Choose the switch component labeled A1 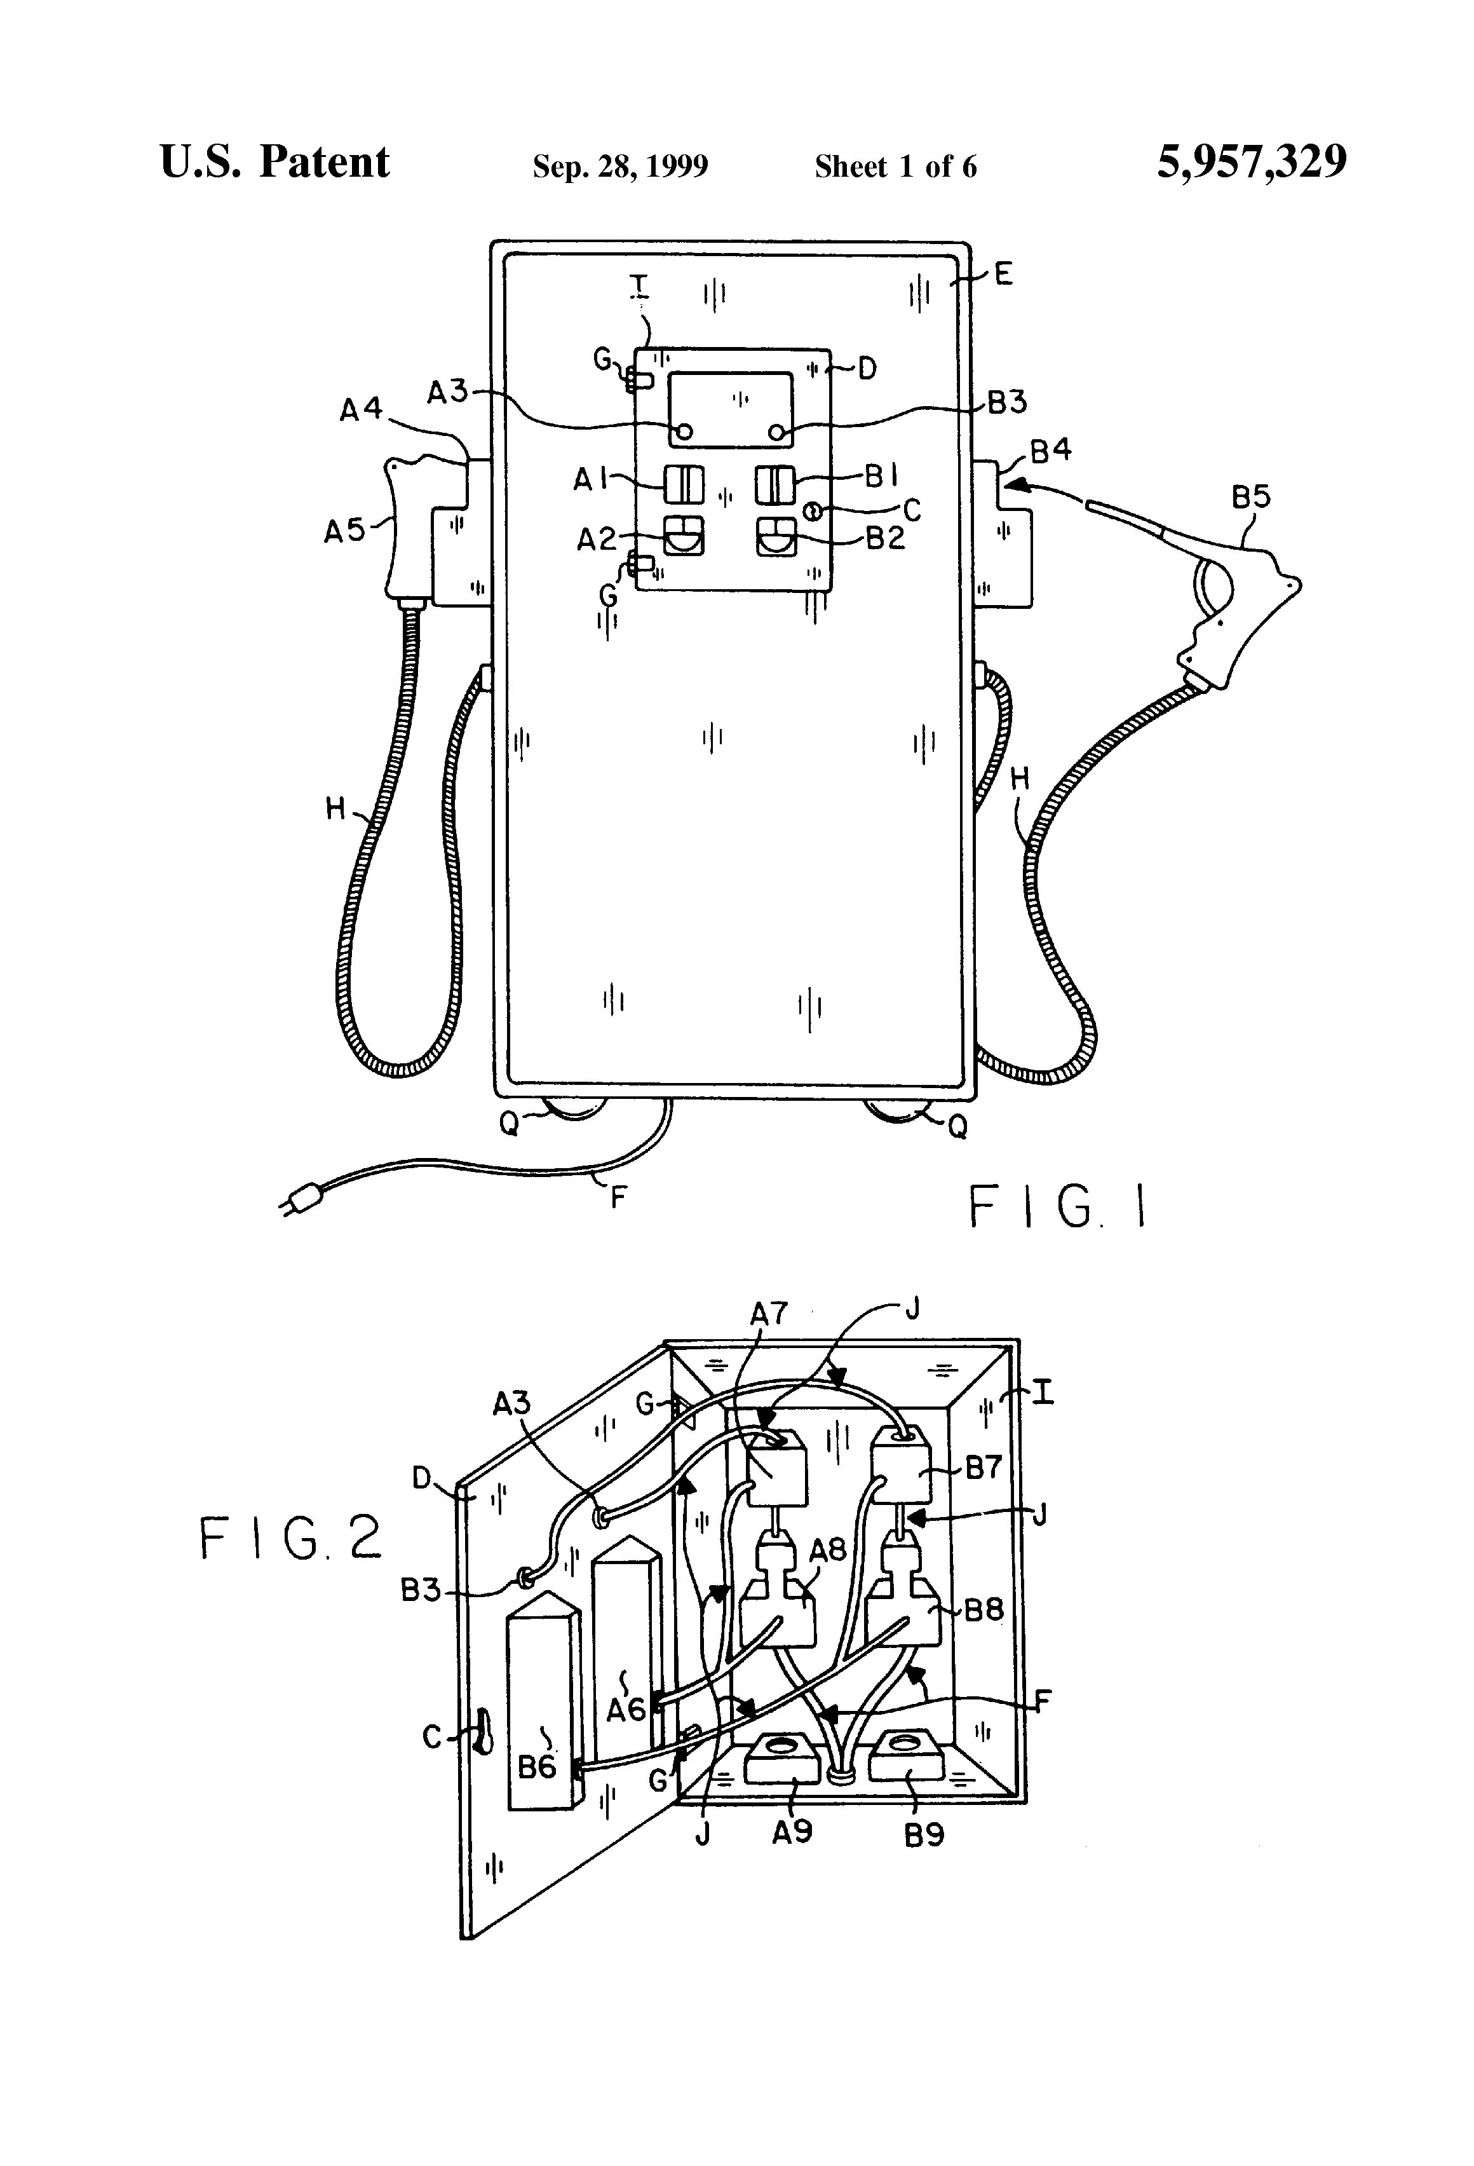coord(683,485)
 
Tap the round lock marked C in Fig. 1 coord(811,511)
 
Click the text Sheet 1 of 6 coord(895,167)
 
